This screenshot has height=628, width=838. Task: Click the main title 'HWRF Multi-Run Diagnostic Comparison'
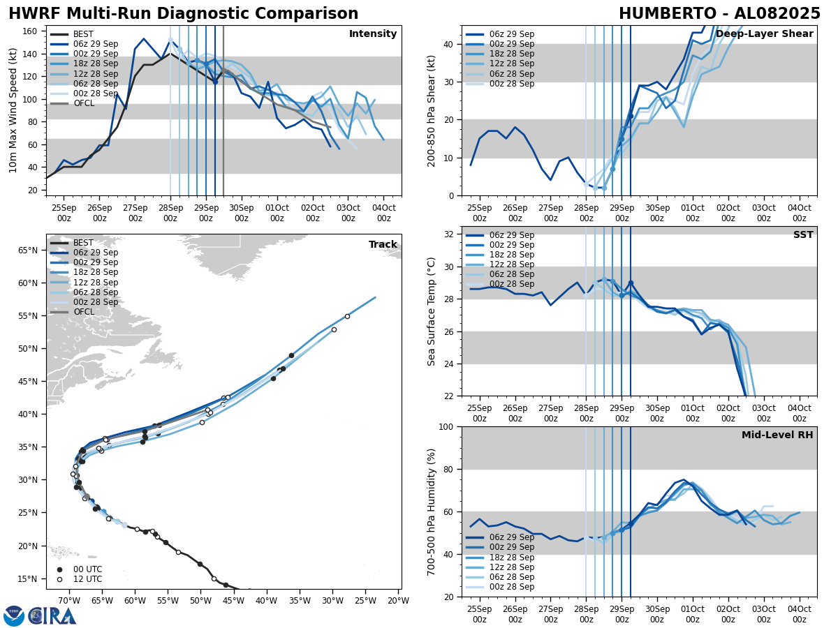(183, 14)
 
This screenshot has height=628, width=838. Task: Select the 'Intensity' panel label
(373, 34)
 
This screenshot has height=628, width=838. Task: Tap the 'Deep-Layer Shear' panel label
(764, 34)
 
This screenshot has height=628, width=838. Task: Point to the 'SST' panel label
(803, 235)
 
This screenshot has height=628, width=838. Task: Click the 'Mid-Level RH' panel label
(777, 435)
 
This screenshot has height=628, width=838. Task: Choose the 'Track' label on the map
(383, 245)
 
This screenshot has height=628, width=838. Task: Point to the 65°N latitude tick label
(28, 250)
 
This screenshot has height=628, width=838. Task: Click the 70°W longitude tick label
(68, 601)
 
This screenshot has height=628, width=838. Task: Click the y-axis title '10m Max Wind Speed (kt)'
(13, 110)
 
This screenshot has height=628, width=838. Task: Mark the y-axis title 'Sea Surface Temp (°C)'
(432, 311)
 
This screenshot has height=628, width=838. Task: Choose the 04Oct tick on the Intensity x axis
(383, 214)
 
